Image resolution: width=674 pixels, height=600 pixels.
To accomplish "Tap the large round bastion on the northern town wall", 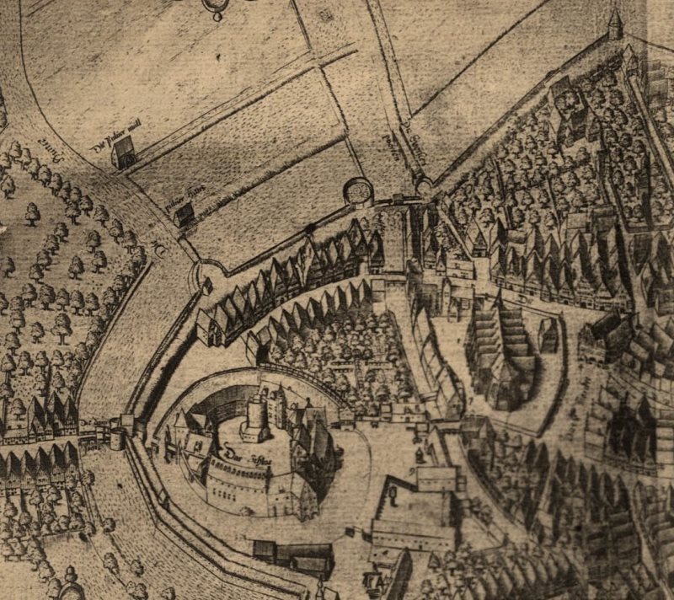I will [x=358, y=190].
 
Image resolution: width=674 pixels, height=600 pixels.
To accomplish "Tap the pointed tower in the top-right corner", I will [x=615, y=24].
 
